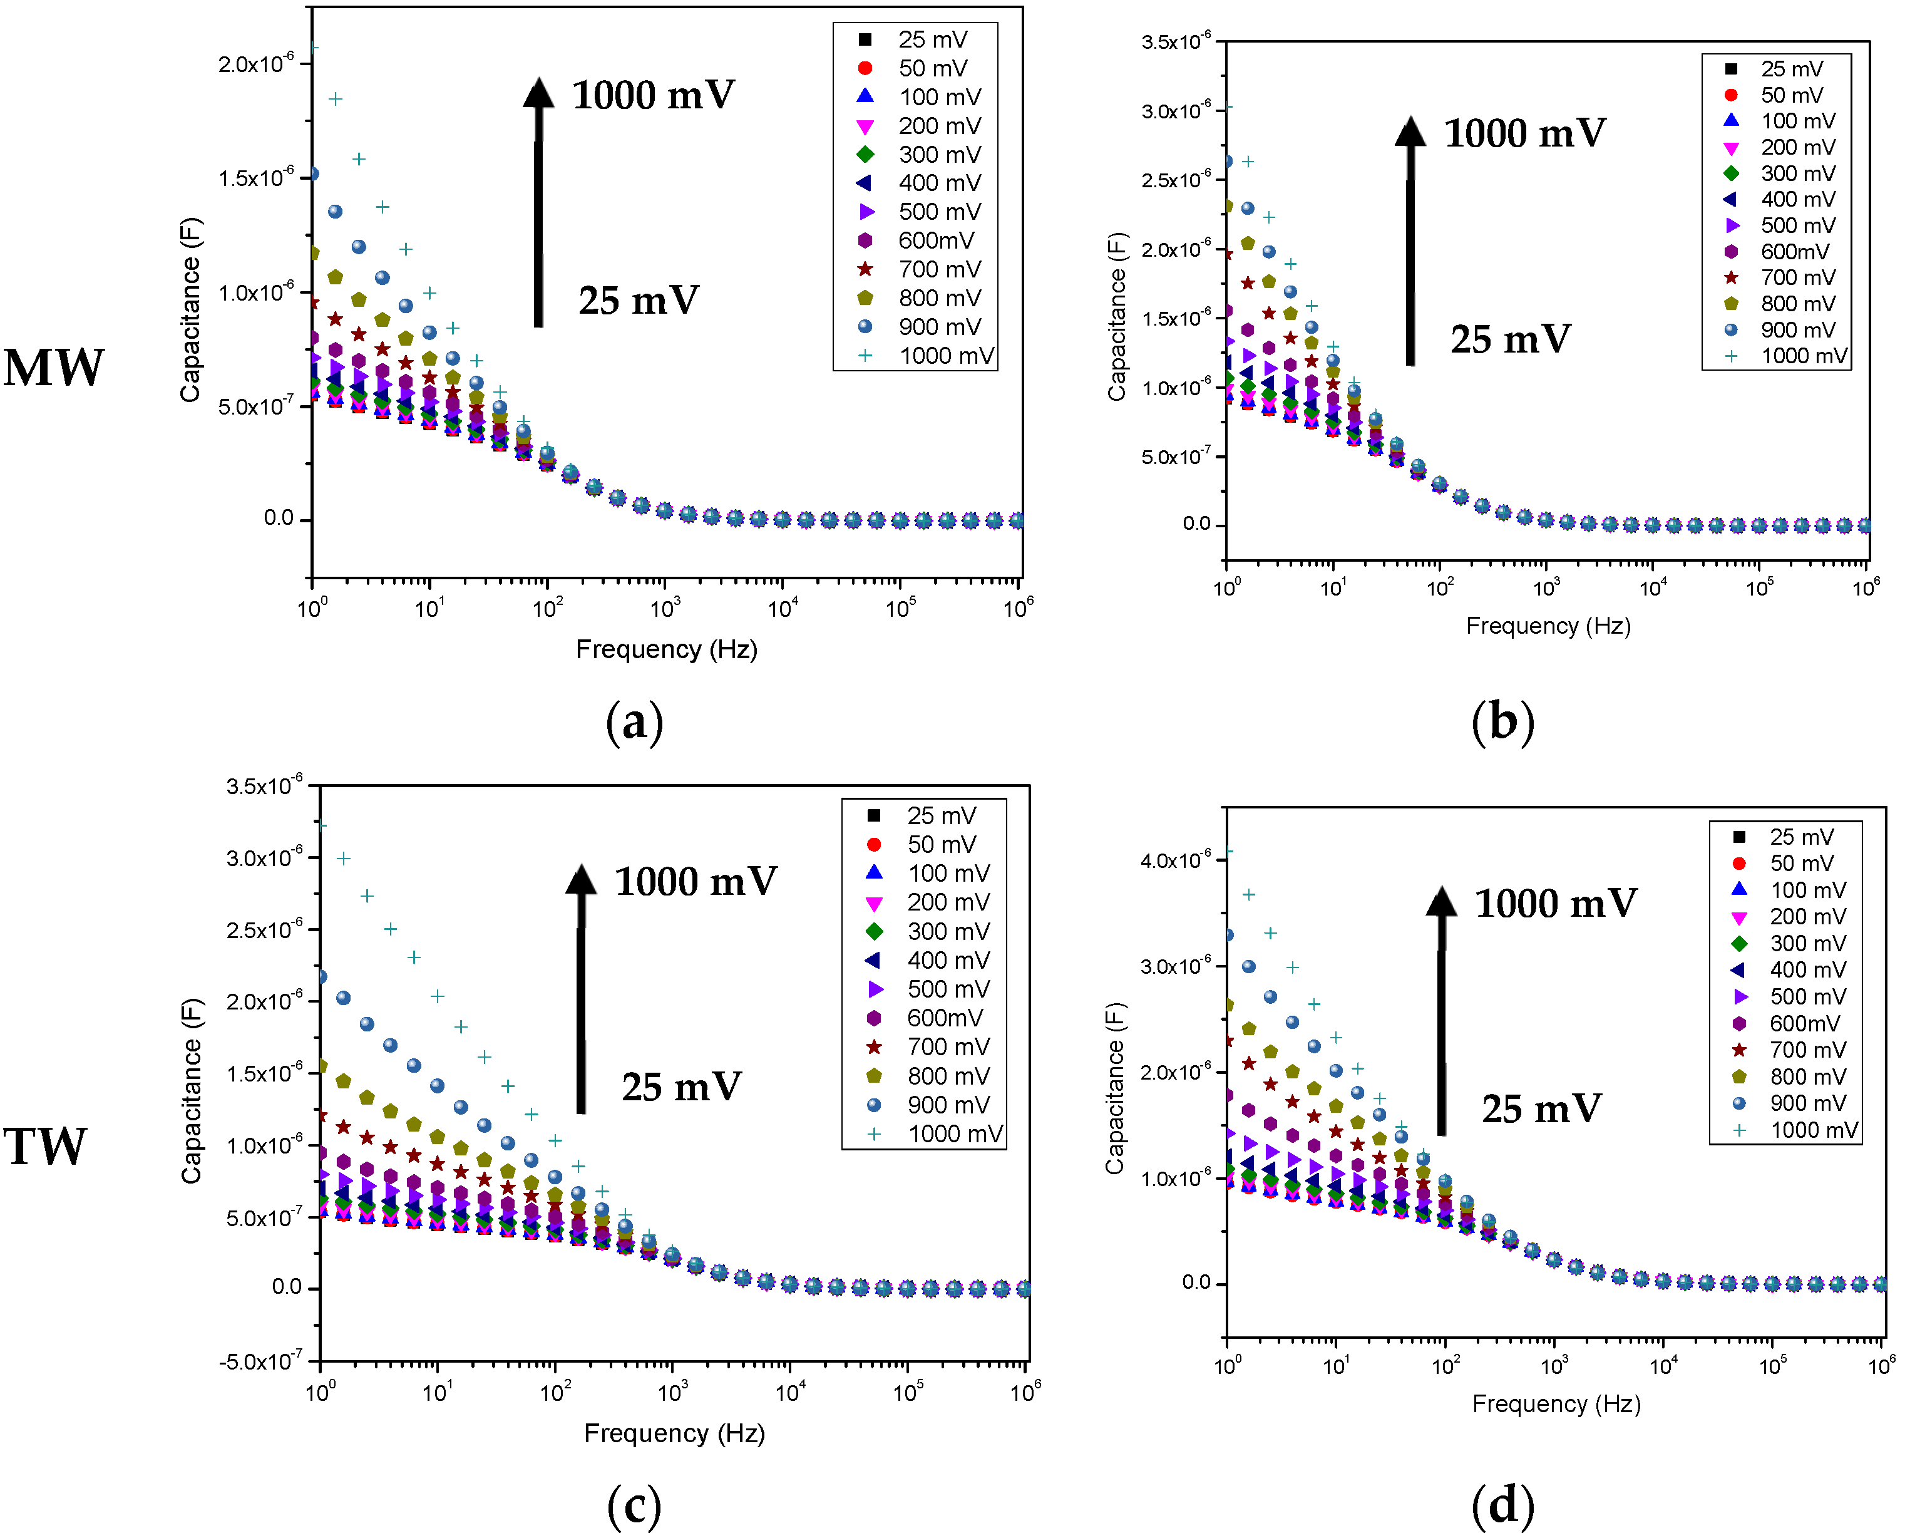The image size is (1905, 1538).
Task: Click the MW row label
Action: coord(53,368)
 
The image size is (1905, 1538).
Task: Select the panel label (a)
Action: coord(634,722)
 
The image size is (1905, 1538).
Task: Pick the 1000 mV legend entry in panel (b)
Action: coord(1802,356)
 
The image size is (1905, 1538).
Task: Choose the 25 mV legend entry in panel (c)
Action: coord(940,815)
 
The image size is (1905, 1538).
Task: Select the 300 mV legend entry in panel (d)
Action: coord(1807,944)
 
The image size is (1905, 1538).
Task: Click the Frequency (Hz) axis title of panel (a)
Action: coord(666,649)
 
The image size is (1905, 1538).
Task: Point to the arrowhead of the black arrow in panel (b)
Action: coord(1410,131)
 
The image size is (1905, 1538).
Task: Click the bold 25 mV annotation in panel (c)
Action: coord(681,1087)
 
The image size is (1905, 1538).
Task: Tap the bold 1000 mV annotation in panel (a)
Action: coord(653,95)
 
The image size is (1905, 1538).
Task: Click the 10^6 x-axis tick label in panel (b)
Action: coord(1865,587)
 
